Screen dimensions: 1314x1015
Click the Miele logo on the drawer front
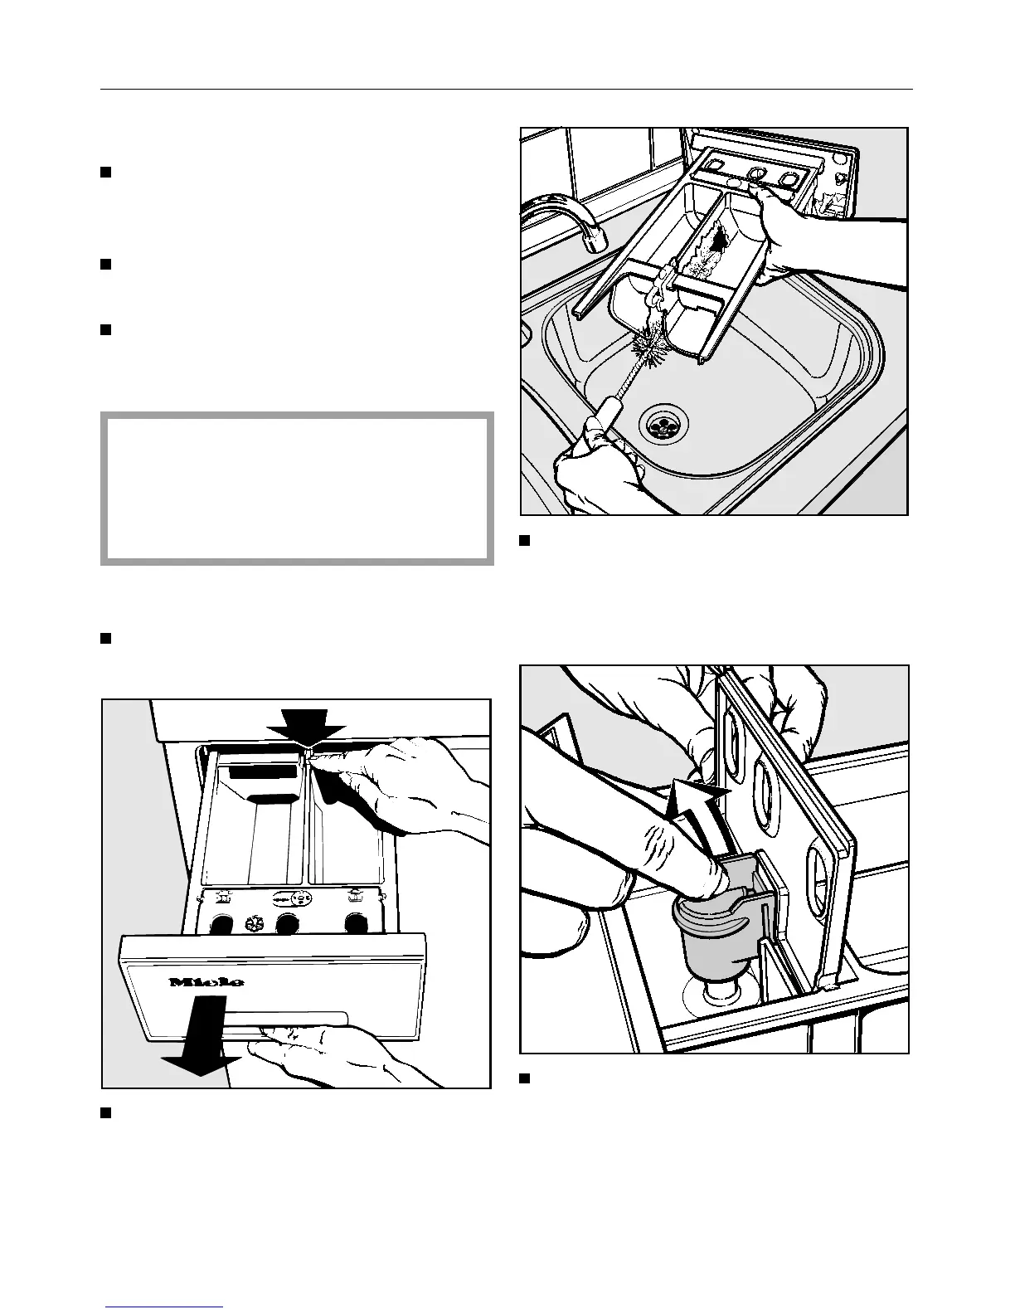207,982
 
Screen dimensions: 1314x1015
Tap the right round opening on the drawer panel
357,922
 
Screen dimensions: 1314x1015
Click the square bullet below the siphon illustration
524,1078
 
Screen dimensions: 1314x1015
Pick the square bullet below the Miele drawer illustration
105,1112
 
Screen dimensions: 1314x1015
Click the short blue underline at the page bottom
164,1307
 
